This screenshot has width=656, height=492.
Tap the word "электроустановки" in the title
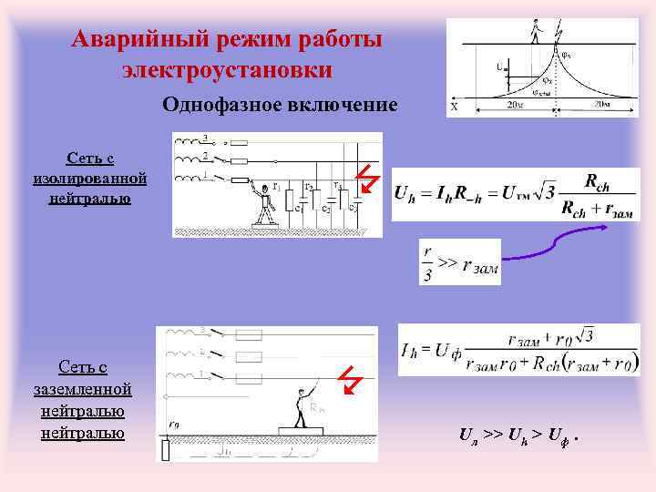tap(228, 69)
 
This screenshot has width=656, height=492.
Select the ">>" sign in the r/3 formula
tap(447, 262)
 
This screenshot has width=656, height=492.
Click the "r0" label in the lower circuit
tap(174, 423)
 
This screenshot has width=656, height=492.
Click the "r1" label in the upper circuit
tap(276, 187)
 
